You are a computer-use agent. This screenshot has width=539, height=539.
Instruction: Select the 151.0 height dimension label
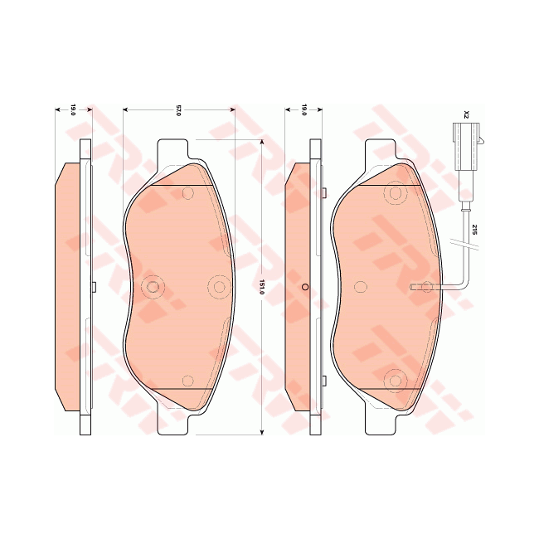pyautogui.click(x=262, y=287)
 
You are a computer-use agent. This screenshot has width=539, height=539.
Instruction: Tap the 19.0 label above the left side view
pyautogui.click(x=72, y=110)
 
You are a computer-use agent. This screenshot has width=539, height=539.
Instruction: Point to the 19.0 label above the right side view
pyautogui.click(x=304, y=110)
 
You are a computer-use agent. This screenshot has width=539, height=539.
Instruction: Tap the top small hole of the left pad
pyautogui.click(x=187, y=193)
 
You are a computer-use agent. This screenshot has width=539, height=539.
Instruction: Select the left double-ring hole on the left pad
pyautogui.click(x=152, y=287)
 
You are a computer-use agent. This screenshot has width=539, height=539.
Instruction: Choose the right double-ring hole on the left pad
pyautogui.click(x=219, y=287)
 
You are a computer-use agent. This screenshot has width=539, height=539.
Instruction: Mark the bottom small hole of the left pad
pyautogui.click(x=187, y=381)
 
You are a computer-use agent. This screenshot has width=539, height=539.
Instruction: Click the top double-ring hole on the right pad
pyautogui.click(x=395, y=193)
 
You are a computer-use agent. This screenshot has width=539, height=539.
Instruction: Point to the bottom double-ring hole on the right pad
pyautogui.click(x=395, y=381)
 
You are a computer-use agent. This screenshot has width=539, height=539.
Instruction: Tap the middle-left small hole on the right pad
pyautogui.click(x=361, y=287)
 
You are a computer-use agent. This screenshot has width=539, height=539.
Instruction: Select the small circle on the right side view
pyautogui.click(x=305, y=287)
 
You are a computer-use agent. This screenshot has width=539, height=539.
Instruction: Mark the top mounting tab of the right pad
pyautogui.click(x=381, y=149)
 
